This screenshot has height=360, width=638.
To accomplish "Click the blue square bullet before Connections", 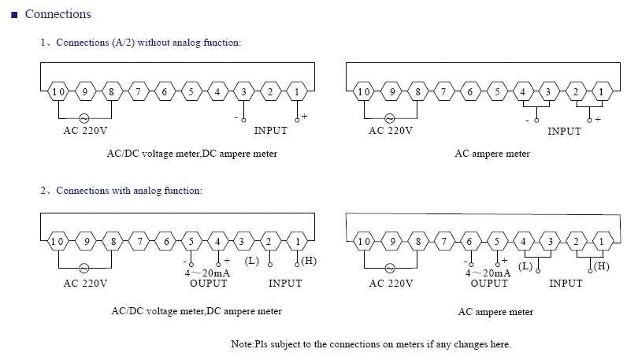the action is tap(15, 15).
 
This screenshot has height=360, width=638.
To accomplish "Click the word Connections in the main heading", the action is tap(57, 14).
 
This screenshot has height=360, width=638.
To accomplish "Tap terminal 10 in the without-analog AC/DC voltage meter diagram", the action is tap(58, 91).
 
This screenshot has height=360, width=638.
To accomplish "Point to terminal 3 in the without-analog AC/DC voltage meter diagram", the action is tap(243, 91).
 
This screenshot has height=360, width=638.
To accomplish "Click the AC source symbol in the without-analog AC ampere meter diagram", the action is tap(389, 118).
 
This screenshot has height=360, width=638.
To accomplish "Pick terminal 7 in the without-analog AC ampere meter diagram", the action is tap(443, 91).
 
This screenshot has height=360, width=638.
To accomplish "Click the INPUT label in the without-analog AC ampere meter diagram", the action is tap(564, 131).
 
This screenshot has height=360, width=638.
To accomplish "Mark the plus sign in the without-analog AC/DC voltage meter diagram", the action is tap(304, 117).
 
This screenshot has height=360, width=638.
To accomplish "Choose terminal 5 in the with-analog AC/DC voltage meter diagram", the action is tap(191, 242).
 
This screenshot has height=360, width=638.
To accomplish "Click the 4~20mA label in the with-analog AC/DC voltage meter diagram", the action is tap(207, 273).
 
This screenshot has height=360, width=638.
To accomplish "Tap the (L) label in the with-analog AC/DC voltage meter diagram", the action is tap(252, 261).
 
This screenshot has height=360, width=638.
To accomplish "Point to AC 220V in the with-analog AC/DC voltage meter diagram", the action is tap(85, 283).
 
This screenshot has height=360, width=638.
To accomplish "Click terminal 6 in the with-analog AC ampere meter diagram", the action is tap(469, 242).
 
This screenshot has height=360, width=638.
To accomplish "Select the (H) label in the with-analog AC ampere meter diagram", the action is tap(602, 266).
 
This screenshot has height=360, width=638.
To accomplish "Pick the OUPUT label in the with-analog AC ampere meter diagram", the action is tap(489, 283).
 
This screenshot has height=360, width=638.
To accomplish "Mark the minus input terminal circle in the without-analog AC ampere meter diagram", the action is tap(536, 121).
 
